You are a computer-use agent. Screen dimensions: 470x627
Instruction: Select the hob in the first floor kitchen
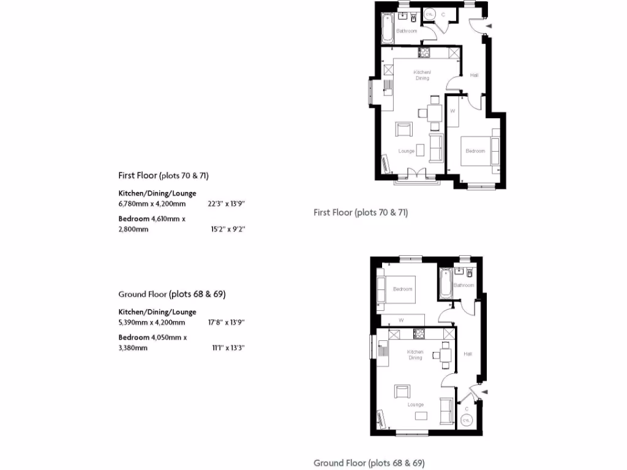424,53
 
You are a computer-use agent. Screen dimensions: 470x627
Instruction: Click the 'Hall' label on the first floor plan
474,75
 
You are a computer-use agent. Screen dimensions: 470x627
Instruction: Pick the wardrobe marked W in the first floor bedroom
452,111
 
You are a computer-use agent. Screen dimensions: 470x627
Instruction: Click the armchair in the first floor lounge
404,130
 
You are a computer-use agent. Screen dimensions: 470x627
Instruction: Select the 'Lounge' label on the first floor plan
407,151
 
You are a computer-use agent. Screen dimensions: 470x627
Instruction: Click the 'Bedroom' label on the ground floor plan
402,289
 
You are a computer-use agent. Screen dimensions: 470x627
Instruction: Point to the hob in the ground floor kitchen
420,334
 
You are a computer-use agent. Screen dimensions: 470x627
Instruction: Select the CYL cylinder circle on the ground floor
467,420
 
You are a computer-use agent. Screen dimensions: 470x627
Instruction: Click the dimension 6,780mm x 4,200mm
151,204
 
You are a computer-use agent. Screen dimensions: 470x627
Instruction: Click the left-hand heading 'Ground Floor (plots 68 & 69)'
172,294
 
